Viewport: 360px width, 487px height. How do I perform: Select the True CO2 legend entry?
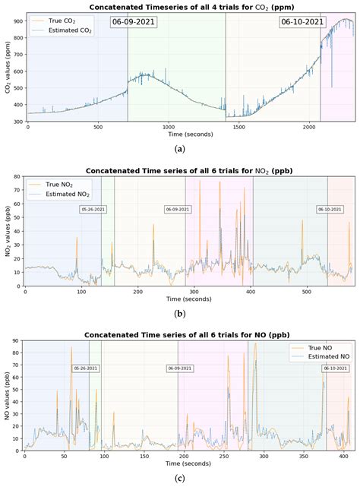(x=58, y=21)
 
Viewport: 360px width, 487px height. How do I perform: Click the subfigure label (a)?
(x=179, y=149)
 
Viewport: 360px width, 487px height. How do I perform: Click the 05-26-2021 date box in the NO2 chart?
(x=92, y=209)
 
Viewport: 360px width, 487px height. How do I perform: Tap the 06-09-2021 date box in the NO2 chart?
(x=177, y=209)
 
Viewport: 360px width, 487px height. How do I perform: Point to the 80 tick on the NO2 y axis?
(x=18, y=176)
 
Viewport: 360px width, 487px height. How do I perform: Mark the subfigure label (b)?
(x=179, y=313)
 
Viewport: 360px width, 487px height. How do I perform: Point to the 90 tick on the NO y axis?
(x=18, y=340)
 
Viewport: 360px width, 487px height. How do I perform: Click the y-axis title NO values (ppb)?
(x=7, y=395)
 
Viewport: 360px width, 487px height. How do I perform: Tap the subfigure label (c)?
(x=179, y=478)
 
